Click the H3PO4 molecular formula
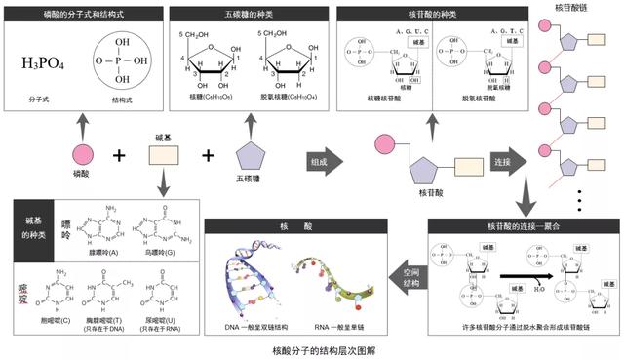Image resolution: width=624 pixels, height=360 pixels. [x=44, y=64]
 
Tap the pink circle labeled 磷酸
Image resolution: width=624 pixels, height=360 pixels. [x=82, y=155]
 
